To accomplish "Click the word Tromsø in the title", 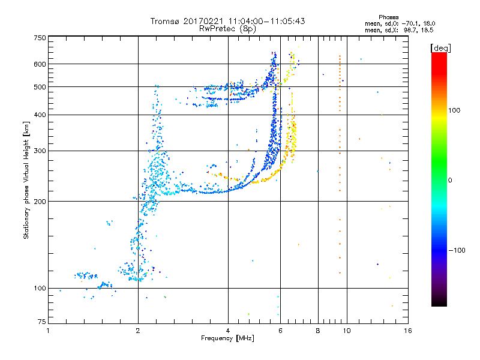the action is pos(166,21).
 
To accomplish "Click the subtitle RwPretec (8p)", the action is pos(227,29).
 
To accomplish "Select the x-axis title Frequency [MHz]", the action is pos(227,338).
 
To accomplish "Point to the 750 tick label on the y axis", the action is pos(40,38).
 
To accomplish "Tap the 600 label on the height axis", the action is pos(40,64).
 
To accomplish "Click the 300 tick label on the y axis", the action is pos(40,151).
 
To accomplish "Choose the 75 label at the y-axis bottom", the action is pos(42,322).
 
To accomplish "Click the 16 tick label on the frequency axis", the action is pos(408,331).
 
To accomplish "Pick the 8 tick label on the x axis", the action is pos(318,331).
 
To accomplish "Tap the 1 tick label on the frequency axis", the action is pos(48,331).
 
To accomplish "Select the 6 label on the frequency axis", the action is pos(280,331).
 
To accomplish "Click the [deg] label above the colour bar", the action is pos(440,48).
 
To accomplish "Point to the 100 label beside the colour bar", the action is pos(454,110).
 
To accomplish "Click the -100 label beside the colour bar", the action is pos(457,250).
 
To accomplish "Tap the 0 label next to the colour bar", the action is pos(450,181).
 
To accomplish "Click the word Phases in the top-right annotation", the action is pos(388,17).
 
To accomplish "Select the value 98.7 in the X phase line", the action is pos(410,30).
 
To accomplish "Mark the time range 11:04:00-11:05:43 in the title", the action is pos(266,21).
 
